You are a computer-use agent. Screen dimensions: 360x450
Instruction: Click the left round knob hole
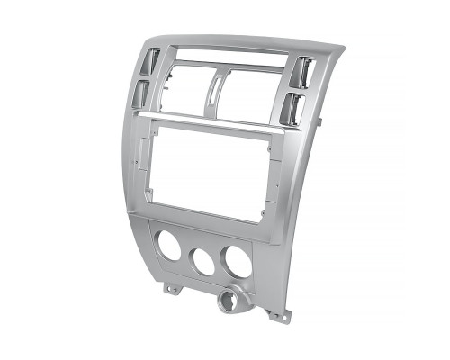[x=166, y=246]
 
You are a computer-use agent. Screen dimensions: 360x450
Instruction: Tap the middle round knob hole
[x=202, y=261]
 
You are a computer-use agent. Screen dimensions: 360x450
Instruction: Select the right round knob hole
[x=238, y=260]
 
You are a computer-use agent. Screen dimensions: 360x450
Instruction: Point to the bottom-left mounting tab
[x=169, y=290]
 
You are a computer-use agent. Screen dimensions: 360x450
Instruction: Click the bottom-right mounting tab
[x=279, y=316]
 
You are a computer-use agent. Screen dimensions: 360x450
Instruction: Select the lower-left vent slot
[x=143, y=94]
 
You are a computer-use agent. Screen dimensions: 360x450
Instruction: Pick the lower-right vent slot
[x=292, y=108]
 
